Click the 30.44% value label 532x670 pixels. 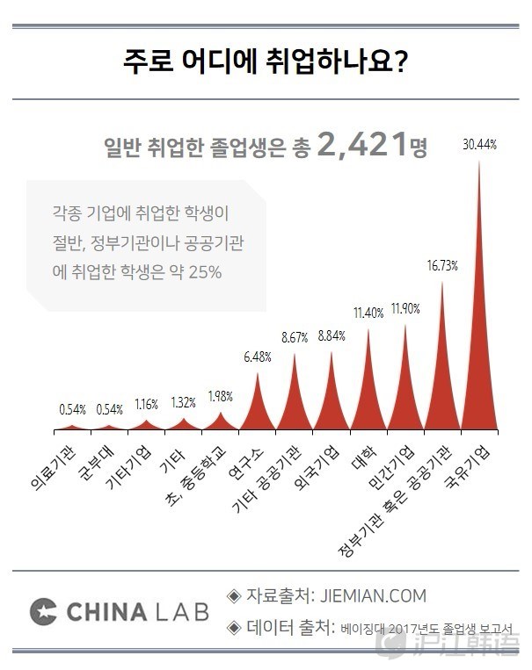coord(479,146)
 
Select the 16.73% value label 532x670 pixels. coord(442,266)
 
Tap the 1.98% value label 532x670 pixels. coord(221,395)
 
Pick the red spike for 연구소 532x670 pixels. coord(258,408)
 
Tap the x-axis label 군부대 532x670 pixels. coord(90,466)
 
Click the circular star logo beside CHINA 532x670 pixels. coord(43,611)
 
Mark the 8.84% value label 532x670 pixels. coord(332,335)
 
